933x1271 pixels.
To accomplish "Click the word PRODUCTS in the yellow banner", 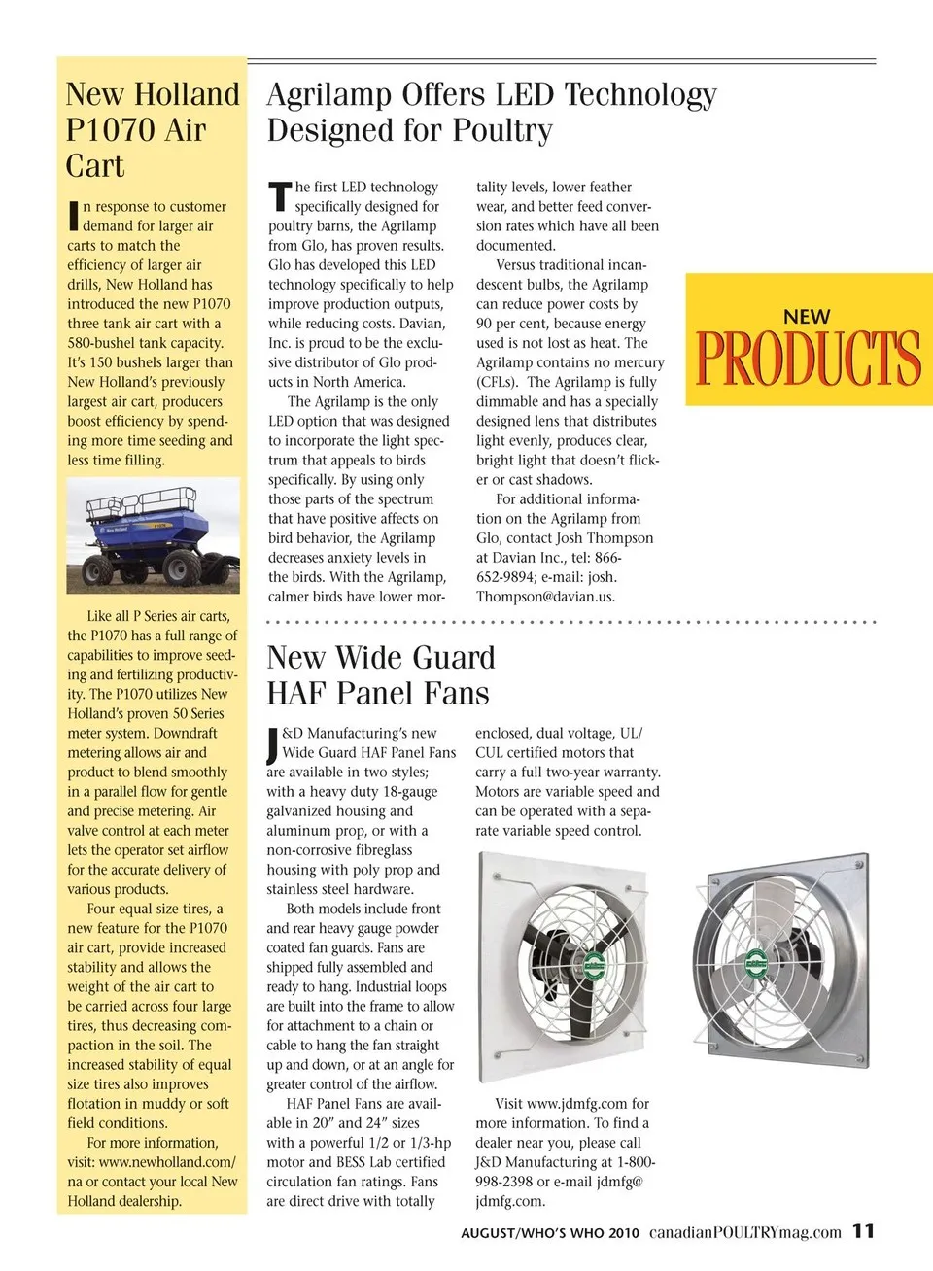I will [x=809, y=359].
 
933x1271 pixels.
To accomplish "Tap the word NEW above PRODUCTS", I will [x=807, y=317].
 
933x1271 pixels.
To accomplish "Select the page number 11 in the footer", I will [x=863, y=1231].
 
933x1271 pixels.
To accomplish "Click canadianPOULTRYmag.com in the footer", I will [x=744, y=1232].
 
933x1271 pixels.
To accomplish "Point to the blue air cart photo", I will [x=153, y=535].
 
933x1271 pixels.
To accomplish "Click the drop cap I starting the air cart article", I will [x=72, y=216].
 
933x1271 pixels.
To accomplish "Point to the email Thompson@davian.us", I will [x=545, y=597].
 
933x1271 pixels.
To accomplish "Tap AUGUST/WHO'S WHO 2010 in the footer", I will [x=550, y=1233].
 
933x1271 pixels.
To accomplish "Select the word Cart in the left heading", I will [x=95, y=166].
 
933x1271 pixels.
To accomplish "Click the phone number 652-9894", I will [x=504, y=577].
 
